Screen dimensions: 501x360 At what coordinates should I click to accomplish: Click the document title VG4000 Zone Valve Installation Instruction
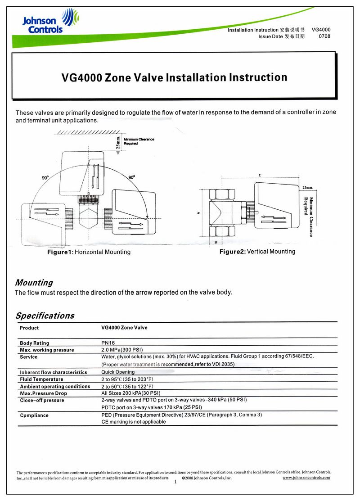pos(174,77)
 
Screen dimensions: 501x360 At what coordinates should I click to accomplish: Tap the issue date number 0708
pos(324,36)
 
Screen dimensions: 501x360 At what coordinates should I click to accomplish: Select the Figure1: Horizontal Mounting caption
pos(89,252)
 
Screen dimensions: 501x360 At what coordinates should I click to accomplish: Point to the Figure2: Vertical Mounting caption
pos(257,252)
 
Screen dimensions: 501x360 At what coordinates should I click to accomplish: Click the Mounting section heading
pos(34,283)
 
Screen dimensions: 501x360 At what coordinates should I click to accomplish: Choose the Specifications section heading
pos(45,316)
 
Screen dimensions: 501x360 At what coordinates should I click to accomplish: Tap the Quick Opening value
pos(118,372)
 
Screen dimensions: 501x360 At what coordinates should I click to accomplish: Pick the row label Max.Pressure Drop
pos(43,393)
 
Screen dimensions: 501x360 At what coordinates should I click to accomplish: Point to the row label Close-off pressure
pos(42,400)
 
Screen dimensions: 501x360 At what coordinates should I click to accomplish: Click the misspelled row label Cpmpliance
pos(34,415)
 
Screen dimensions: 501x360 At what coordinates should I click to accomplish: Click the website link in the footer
pos(306,478)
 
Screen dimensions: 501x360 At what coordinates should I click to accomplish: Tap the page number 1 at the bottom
pos(175,482)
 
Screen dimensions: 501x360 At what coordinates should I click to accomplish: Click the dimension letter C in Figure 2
pos(260,175)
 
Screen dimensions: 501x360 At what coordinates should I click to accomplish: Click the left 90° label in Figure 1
pos(45,178)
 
